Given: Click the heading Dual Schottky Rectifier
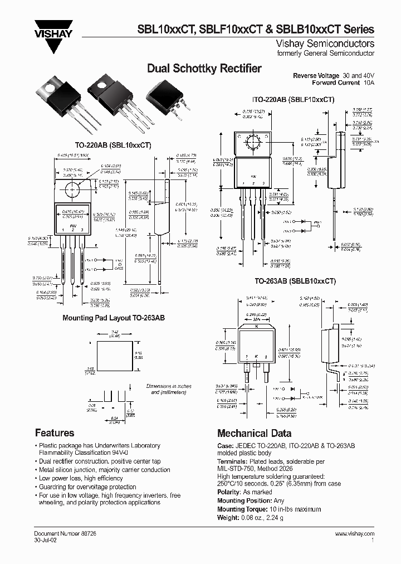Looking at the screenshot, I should pos(204,69).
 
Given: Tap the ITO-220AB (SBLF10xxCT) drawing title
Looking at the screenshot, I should pos(293,99).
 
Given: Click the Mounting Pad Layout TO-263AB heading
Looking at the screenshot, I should pos(114,317).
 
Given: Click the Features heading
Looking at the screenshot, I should pos(55,432).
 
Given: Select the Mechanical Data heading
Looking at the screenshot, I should pos(254,433).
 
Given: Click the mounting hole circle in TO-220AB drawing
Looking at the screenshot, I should pos(73,190).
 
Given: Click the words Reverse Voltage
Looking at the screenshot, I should pos(316,75).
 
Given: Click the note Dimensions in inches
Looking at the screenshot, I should pos(169,386).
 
